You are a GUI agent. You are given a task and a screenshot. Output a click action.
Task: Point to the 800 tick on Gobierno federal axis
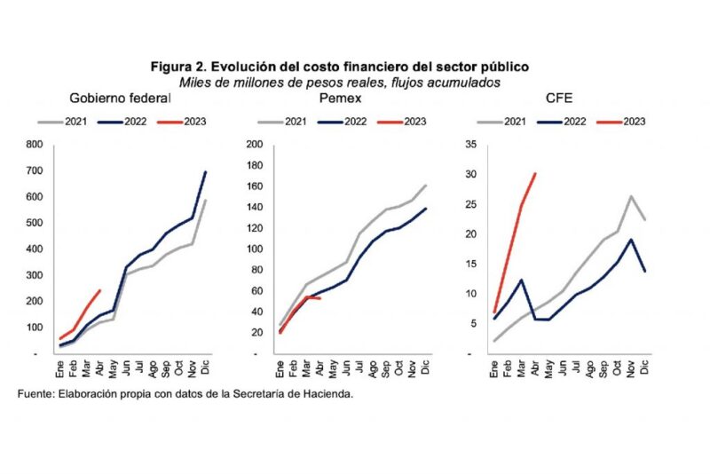pyautogui.click(x=35, y=145)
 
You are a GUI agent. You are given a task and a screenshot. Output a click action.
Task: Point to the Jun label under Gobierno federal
pyautogui.click(x=126, y=367)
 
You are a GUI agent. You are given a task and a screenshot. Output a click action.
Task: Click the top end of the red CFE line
pyautogui.click(x=535, y=173)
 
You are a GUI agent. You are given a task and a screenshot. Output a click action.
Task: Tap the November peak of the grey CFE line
pyautogui.click(x=630, y=196)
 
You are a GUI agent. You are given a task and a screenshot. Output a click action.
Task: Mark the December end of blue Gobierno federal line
pyautogui.click(x=206, y=172)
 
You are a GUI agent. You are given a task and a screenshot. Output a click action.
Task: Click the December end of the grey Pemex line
pyautogui.click(x=426, y=186)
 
